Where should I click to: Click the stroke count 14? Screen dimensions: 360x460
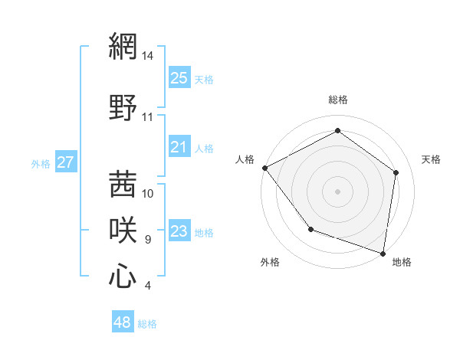point(148,56)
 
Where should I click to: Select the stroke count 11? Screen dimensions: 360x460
point(147,117)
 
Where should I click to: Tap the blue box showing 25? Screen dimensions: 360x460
point(179,78)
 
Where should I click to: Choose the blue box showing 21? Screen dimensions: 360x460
point(179,147)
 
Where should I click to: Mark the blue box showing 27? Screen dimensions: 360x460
point(66,162)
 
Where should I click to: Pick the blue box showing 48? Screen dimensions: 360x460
point(123,322)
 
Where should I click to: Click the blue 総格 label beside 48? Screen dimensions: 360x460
point(147,324)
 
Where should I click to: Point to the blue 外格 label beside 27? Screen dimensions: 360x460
point(41,163)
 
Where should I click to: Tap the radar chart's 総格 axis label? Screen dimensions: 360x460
point(338,100)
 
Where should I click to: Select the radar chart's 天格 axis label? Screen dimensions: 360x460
point(432,159)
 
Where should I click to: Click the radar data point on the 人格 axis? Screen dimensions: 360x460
point(264,168)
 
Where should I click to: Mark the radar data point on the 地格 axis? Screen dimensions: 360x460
point(383,253)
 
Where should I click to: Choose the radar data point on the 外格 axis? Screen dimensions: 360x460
point(310,229)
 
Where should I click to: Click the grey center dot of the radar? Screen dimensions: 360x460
point(338,191)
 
